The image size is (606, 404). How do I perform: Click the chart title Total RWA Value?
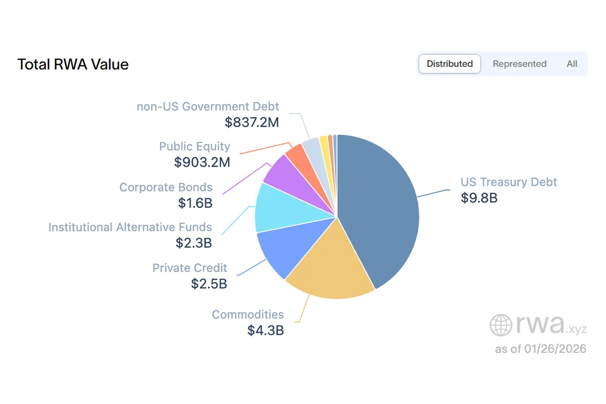click(x=73, y=64)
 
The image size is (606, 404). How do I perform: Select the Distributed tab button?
click(x=449, y=64)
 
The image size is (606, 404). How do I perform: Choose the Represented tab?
click(x=519, y=64)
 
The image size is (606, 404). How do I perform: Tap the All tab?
click(x=572, y=64)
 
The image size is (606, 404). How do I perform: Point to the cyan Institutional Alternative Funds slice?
click(x=277, y=209)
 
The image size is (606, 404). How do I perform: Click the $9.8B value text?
click(x=479, y=198)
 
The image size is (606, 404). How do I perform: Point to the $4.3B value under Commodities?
click(x=265, y=330)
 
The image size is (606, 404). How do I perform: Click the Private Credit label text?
click(x=190, y=268)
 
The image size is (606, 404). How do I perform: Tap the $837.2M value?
click(x=252, y=122)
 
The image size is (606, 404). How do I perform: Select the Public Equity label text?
click(x=194, y=146)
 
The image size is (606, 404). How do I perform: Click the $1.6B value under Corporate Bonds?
click(x=195, y=203)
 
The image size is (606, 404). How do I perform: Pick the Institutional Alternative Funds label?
click(x=130, y=227)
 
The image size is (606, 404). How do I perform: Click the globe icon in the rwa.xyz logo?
click(x=501, y=325)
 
